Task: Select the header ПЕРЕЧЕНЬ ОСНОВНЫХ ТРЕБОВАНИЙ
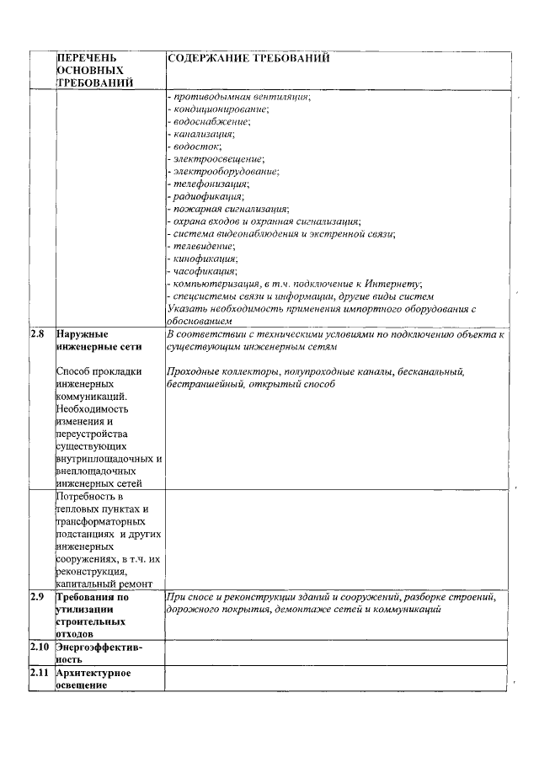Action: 94,71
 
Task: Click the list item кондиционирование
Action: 220,109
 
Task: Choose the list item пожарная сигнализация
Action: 230,209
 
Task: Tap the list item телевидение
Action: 203,246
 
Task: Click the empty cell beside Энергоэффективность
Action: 337,653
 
